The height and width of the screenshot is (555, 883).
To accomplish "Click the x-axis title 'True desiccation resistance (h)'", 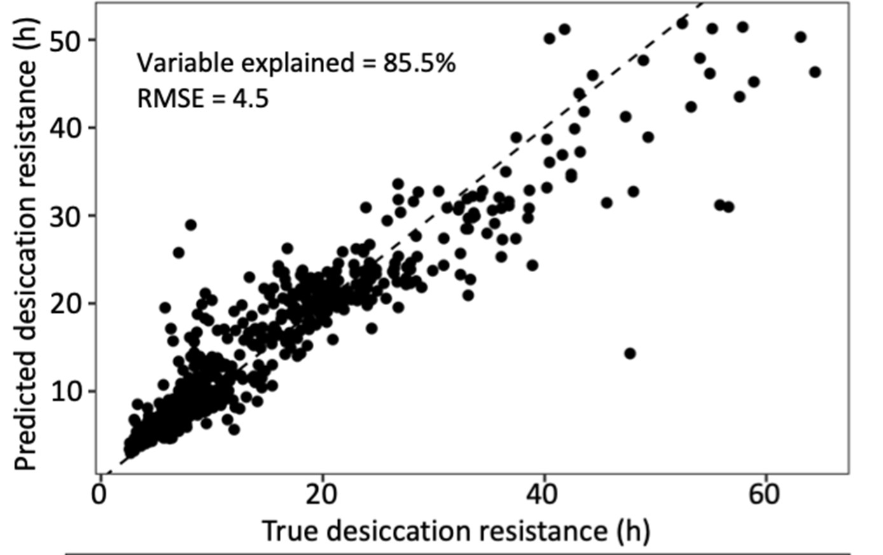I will click(x=455, y=531).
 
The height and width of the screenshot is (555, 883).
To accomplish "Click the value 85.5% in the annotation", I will click(x=419, y=64).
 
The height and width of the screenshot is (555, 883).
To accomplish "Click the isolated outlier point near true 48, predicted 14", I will click(x=629, y=353).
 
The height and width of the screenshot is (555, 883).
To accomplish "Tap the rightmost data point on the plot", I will click(x=815, y=72).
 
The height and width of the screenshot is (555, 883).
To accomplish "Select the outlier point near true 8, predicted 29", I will click(x=191, y=225).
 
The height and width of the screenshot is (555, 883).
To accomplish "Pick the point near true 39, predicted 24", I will click(x=532, y=265).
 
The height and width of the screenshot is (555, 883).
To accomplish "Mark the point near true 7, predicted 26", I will click(x=179, y=253).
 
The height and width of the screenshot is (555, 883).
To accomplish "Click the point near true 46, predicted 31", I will click(x=606, y=203).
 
